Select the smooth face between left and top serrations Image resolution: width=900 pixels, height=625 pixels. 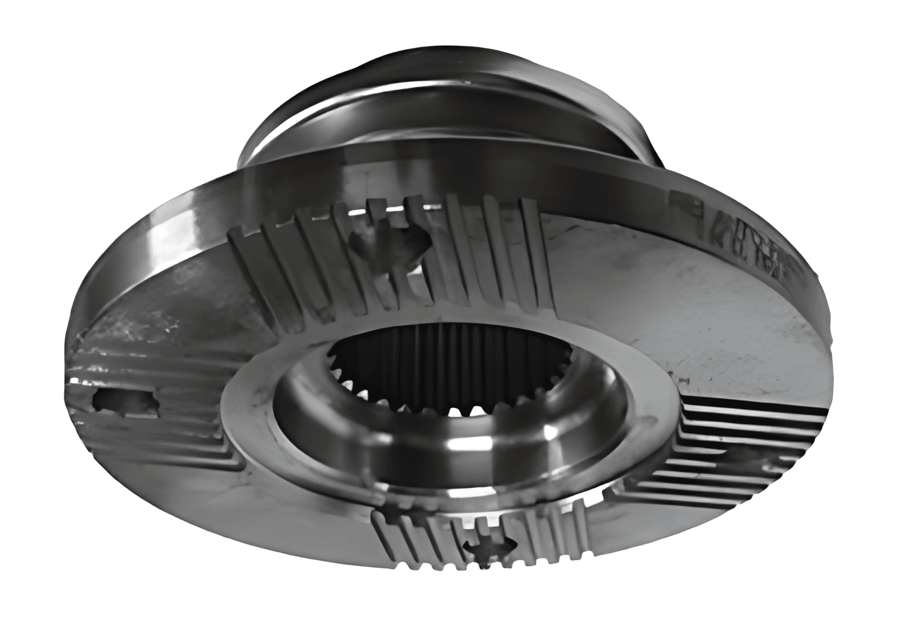click(x=172, y=304)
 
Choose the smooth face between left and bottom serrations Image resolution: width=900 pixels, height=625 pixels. click(x=241, y=506)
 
